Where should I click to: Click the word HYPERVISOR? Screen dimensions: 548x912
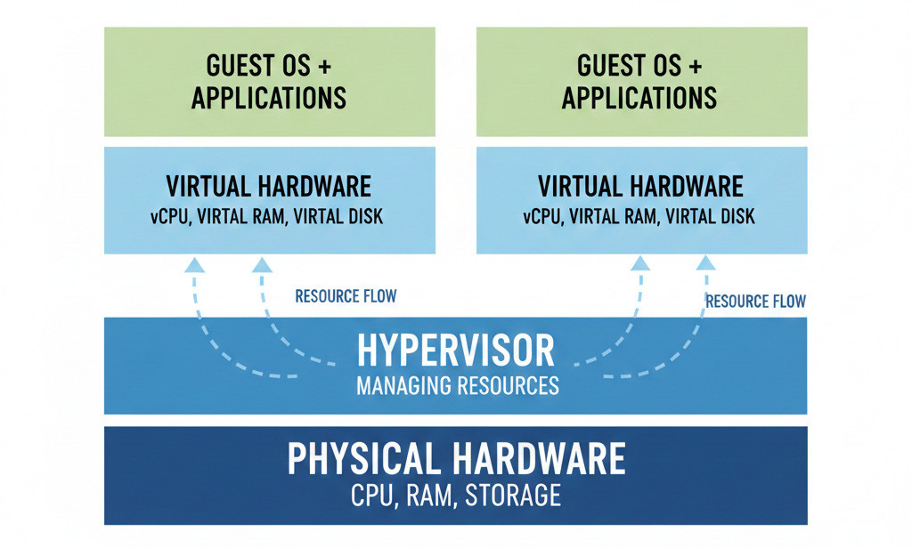pyautogui.click(x=456, y=352)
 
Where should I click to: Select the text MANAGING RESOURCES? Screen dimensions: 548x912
pyautogui.click(x=457, y=386)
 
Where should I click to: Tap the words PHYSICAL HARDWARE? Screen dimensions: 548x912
pyautogui.click(x=456, y=460)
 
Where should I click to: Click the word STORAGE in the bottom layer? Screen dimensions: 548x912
pyautogui.click(x=512, y=494)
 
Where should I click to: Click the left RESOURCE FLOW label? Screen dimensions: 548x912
pyautogui.click(x=346, y=295)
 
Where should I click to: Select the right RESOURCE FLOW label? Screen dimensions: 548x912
pyautogui.click(x=755, y=302)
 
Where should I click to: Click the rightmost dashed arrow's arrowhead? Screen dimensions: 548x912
pyautogui.click(x=705, y=263)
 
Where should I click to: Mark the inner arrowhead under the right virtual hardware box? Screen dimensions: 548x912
pyautogui.click(x=639, y=263)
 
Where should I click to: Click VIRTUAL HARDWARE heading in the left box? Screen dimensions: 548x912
pyautogui.click(x=269, y=187)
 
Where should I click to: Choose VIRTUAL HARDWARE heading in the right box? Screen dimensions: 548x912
pyautogui.click(x=640, y=187)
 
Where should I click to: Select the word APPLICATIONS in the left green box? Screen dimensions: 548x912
pyautogui.click(x=269, y=97)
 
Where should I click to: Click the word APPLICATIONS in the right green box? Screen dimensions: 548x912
pyautogui.click(x=639, y=97)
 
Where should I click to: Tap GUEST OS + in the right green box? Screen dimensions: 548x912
pyautogui.click(x=639, y=66)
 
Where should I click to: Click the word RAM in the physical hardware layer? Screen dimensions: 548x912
pyautogui.click(x=435, y=494)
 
